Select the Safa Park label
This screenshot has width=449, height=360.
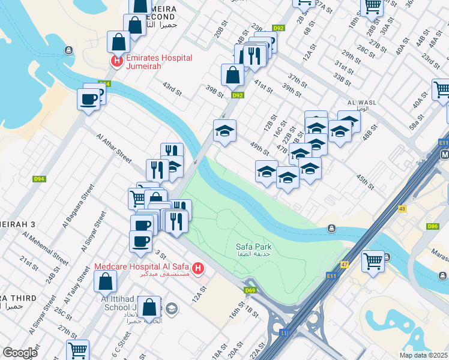click(253, 247)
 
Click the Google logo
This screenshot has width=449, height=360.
click(20, 353)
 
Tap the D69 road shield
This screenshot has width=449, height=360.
click(250, 291)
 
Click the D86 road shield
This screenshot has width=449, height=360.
click(432, 226)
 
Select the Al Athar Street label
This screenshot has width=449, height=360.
click(113, 147)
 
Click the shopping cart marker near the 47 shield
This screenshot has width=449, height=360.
click(373, 262)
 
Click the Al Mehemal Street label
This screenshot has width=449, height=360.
click(53, 247)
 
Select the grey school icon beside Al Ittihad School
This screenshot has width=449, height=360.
click(172, 309)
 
